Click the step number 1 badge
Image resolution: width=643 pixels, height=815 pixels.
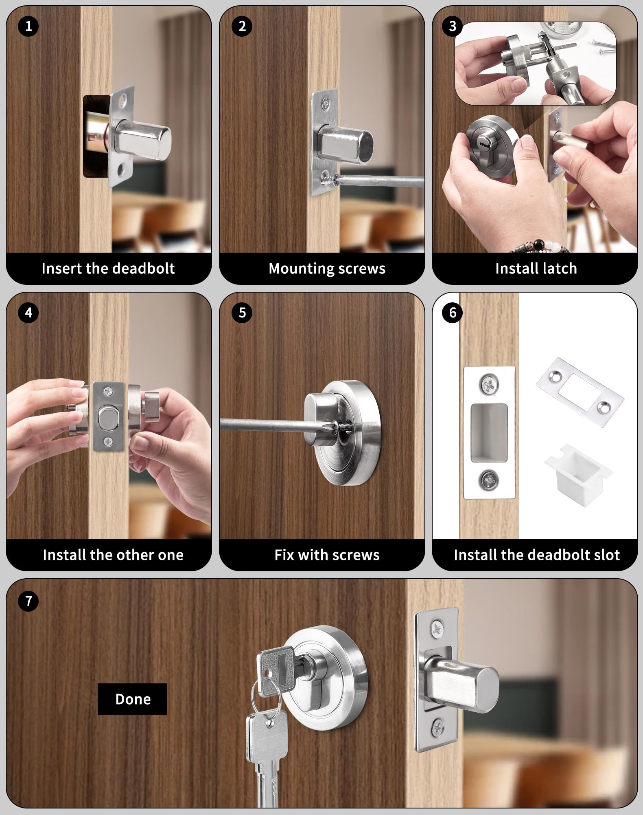(28, 26)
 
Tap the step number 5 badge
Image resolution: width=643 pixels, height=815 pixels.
(242, 313)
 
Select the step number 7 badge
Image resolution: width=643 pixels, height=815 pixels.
(28, 601)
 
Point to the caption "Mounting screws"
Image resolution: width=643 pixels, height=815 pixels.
(327, 269)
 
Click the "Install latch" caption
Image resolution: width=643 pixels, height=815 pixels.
(536, 269)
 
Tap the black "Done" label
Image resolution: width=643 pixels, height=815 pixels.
(132, 699)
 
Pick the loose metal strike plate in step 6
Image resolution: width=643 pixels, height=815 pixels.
(580, 392)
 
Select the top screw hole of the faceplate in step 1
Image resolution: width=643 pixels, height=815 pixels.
(129, 99)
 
